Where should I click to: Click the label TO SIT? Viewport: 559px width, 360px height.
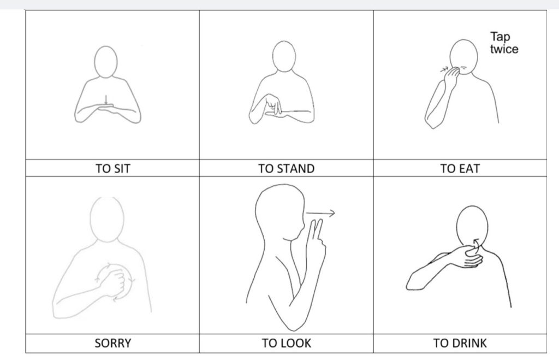pyautogui.click(x=112, y=169)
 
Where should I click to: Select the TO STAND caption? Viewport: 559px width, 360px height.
pyautogui.click(x=286, y=169)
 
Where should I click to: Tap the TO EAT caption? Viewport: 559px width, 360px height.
pyautogui.click(x=460, y=169)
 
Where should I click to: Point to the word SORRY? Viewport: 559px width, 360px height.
pyautogui.click(x=112, y=344)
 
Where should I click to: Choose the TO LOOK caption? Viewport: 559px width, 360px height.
pyautogui.click(x=286, y=344)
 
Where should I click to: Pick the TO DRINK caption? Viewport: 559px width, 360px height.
pyautogui.click(x=460, y=344)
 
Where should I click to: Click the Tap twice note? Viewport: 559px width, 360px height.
pyautogui.click(x=503, y=43)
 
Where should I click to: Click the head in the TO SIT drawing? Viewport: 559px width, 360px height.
pyautogui.click(x=105, y=62)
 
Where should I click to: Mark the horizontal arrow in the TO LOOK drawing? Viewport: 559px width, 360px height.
pyautogui.click(x=321, y=213)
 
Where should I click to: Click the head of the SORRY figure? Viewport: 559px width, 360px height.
pyautogui.click(x=104, y=216)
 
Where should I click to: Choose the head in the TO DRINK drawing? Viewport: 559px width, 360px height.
pyautogui.click(x=471, y=225)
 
